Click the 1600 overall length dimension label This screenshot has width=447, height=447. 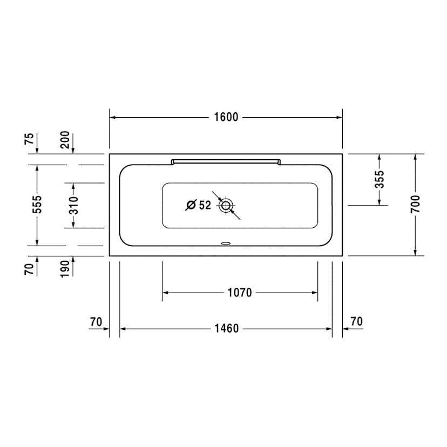click(226, 118)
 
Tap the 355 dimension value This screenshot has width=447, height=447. click(380, 179)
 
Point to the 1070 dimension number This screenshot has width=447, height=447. click(240, 293)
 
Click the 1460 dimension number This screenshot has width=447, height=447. click(226, 328)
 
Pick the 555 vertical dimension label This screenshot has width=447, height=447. click(37, 205)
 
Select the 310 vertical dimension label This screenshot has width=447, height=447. click(73, 205)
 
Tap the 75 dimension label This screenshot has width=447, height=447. click(30, 139)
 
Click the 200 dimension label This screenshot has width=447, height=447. click(65, 139)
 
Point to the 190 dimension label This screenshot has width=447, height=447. click(65, 268)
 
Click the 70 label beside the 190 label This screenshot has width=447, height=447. click(30, 268)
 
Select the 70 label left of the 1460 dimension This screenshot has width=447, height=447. click(96, 322)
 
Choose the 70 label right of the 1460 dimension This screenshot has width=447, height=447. click(356, 322)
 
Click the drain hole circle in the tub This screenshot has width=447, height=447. click(226, 205)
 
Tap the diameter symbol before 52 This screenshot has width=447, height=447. click(191, 205)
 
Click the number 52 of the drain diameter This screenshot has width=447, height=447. click(205, 205)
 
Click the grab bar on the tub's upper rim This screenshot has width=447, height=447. click(226, 160)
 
